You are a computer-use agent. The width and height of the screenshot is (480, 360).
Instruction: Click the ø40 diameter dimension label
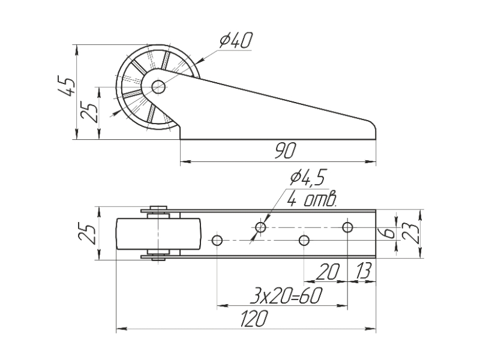click(235, 41)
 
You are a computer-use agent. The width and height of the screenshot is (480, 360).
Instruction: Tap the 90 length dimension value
click(284, 151)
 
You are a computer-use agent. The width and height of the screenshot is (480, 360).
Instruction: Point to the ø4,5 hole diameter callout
click(308, 178)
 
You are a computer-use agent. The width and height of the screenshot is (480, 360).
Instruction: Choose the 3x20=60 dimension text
click(284, 296)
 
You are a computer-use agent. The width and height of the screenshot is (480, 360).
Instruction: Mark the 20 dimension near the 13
click(328, 272)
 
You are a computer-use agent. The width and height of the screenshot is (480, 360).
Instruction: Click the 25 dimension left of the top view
click(88, 234)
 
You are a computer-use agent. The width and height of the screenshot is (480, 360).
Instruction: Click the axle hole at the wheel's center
click(158, 87)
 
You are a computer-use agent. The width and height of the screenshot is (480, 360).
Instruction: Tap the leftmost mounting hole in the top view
click(217, 241)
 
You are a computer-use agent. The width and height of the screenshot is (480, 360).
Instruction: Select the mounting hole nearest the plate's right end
click(347, 227)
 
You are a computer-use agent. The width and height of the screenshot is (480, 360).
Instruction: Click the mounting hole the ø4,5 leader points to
click(260, 227)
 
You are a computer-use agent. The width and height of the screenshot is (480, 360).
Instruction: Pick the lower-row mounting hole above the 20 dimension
click(304, 241)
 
